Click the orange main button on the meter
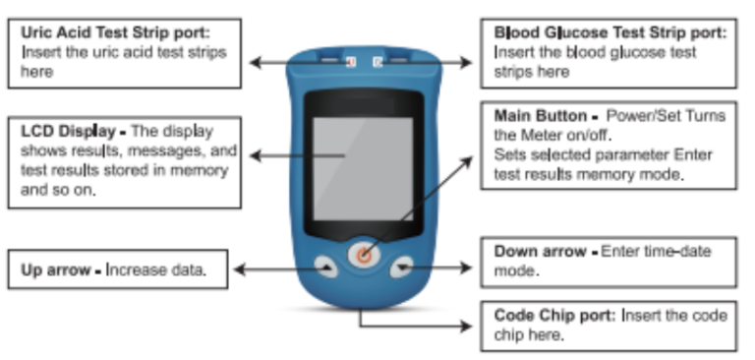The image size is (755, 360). tap(363, 255)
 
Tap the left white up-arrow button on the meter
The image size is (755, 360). tap(322, 266)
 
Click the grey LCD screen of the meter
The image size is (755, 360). tap(362, 166)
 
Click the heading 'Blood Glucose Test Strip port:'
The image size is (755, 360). tap(610, 32)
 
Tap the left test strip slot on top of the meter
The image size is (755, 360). tap(334, 62)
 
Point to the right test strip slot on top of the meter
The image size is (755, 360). tap(390, 62)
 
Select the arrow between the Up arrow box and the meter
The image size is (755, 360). tap(265, 268)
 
